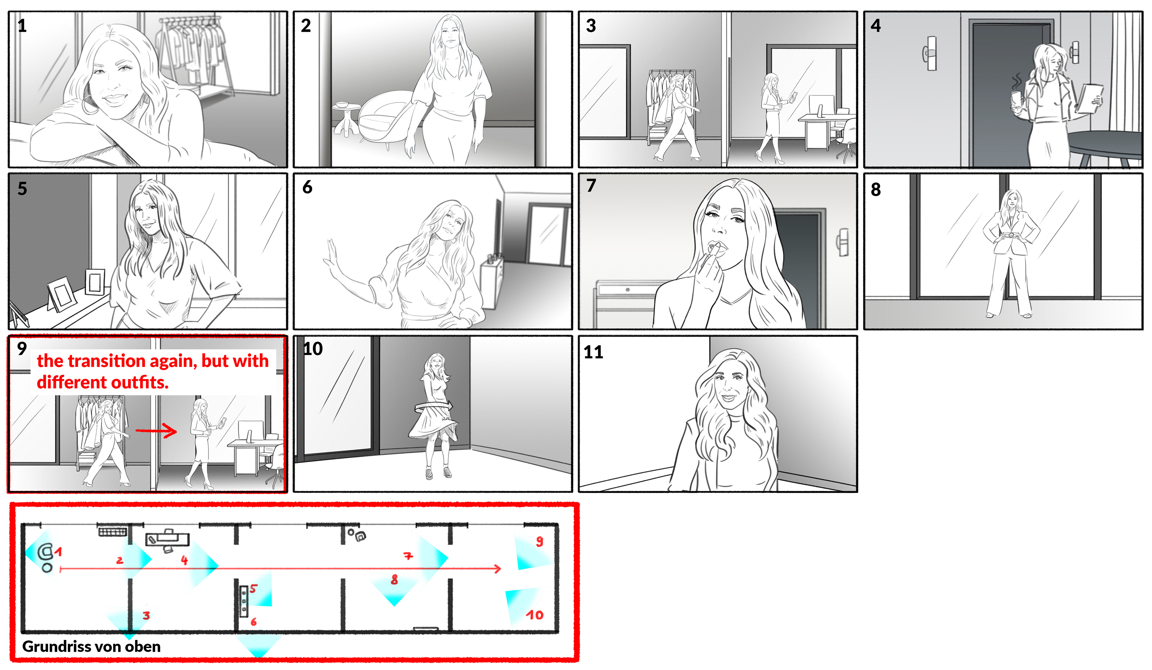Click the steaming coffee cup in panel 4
click(1016, 100)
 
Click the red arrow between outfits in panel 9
click(156, 430)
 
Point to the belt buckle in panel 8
click(1011, 235)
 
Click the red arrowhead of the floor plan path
click(497, 569)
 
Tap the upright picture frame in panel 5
click(95, 282)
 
